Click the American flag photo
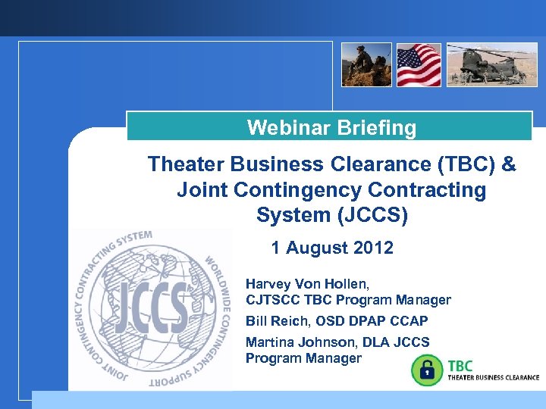coord(419,64)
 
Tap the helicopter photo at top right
coord(491,64)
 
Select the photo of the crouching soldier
coord(366,64)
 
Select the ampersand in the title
coord(508,164)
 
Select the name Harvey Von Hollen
coord(305,284)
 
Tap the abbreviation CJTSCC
coord(271,300)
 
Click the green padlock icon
coord(426,370)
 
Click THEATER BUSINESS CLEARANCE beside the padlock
coord(494,376)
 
